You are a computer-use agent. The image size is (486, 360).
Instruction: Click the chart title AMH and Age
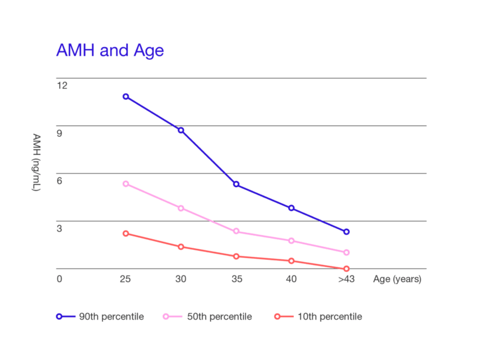(110, 50)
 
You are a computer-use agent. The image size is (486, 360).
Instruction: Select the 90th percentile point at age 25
(126, 97)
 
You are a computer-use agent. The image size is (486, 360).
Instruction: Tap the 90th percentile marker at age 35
(236, 184)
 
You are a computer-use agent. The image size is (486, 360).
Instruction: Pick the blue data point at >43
(346, 232)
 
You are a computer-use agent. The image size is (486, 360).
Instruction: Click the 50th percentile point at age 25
(126, 184)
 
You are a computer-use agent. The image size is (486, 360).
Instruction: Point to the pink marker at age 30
(181, 208)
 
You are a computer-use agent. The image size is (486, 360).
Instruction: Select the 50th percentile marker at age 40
(292, 241)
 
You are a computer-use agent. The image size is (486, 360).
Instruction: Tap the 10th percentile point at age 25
(126, 233)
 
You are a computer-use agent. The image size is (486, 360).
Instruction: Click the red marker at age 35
(236, 257)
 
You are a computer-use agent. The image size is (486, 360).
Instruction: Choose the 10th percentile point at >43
(346, 268)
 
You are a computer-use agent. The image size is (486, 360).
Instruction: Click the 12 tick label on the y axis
(62, 85)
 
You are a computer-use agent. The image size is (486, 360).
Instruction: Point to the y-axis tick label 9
(59, 133)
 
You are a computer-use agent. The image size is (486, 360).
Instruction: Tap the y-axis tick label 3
(59, 228)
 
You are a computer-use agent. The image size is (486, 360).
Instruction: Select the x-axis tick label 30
(181, 279)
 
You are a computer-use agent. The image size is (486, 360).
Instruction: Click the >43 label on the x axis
(346, 279)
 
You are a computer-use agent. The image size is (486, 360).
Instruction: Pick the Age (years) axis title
(397, 279)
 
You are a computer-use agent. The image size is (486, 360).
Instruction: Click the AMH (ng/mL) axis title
(37, 163)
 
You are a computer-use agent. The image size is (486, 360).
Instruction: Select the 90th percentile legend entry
(100, 316)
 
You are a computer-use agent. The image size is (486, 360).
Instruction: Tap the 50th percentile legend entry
(207, 316)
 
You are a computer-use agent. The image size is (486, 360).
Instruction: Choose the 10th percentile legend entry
(318, 316)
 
